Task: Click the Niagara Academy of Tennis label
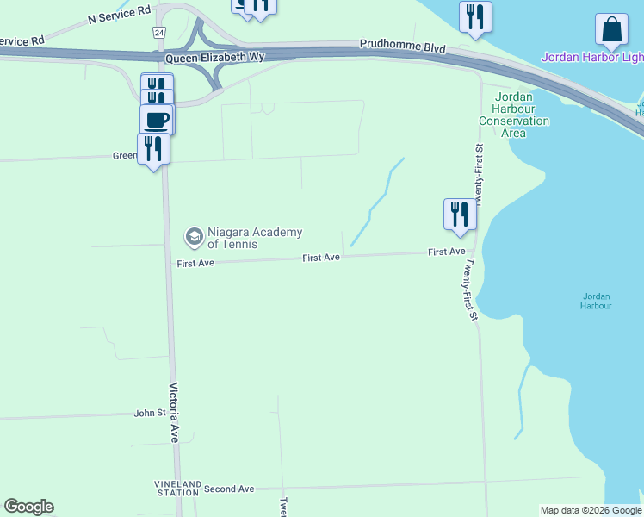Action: click(255, 238)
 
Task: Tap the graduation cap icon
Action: click(195, 236)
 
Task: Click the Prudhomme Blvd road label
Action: click(403, 46)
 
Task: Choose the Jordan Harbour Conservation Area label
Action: click(514, 115)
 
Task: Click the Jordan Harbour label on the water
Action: click(596, 301)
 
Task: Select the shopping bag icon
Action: click(611, 30)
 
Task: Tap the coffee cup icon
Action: click(157, 120)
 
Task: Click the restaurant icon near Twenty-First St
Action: click(460, 214)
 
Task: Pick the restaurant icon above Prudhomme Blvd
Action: click(475, 16)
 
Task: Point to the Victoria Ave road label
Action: click(174, 412)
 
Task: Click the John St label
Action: click(150, 414)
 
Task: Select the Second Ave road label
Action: click(229, 489)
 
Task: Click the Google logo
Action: click(28, 507)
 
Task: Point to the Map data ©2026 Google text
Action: click(591, 510)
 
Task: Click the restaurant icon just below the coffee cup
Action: click(153, 148)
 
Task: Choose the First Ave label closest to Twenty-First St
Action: click(446, 252)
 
